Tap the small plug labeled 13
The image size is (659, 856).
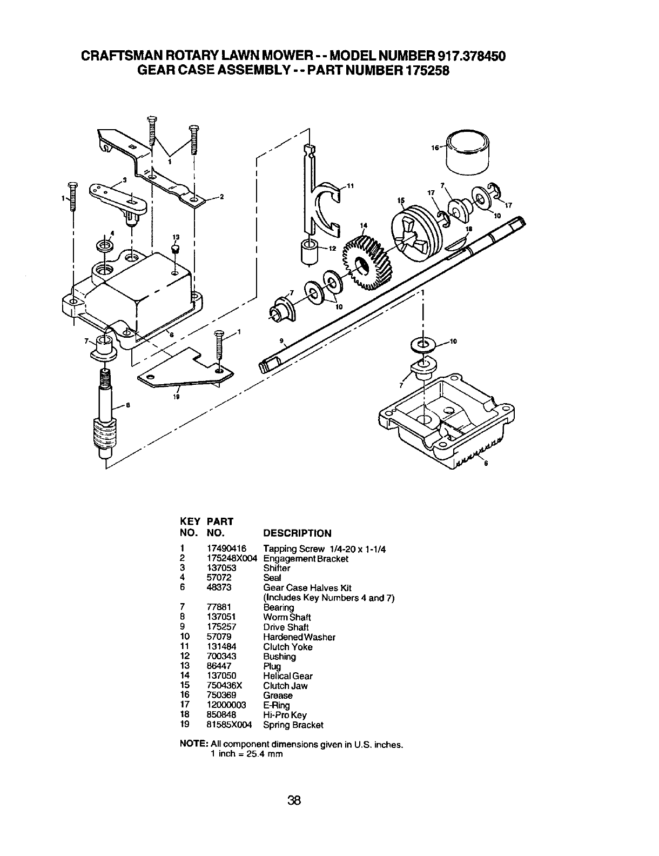(175, 250)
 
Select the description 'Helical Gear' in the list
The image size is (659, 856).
(287, 676)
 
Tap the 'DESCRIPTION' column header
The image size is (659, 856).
(297, 533)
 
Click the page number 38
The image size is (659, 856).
(294, 800)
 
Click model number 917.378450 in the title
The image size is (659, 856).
(466, 56)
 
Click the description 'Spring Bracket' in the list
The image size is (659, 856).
(293, 725)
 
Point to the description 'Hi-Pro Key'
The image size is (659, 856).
(285, 715)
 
